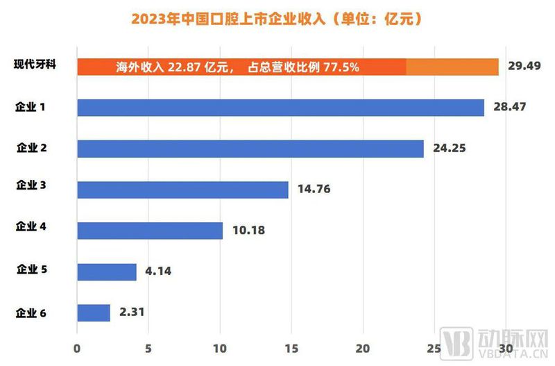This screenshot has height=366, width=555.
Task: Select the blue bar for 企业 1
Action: click(x=280, y=108)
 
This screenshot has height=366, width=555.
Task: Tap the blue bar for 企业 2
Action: click(x=250, y=149)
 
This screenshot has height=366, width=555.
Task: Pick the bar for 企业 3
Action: click(x=182, y=190)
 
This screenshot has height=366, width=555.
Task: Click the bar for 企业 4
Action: click(x=150, y=231)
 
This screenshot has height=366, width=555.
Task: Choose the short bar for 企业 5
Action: click(x=107, y=272)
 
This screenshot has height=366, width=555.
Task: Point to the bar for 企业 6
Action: click(x=94, y=313)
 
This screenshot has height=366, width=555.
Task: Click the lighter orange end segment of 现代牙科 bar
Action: click(x=452, y=67)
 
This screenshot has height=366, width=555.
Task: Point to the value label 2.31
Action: click(x=133, y=313)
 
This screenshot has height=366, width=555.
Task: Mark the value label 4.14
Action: click(x=159, y=272)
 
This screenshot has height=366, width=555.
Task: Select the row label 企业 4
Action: click(x=31, y=226)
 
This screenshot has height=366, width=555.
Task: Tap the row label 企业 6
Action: click(x=31, y=313)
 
